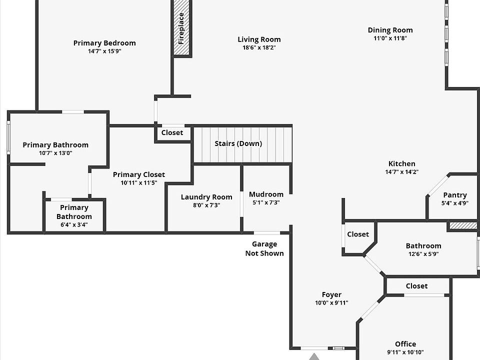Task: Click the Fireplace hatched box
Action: [181, 28]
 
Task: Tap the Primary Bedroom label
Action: [104, 43]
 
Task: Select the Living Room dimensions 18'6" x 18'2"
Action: [259, 48]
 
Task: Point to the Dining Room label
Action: [390, 30]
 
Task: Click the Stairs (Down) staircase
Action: [242, 144]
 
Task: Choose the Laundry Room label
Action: [206, 197]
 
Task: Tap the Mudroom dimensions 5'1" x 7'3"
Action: [266, 202]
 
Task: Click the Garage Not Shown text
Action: [264, 248]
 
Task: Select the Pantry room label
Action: [455, 195]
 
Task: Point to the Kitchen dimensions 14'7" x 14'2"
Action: [402, 172]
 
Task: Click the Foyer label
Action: [331, 294]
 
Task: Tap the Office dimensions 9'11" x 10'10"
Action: [405, 352]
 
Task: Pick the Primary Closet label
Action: [139, 174]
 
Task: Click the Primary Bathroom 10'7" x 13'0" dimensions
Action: [55, 153]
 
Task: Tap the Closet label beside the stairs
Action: [172, 133]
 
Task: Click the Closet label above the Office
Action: [416, 286]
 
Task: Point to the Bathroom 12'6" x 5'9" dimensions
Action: [423, 254]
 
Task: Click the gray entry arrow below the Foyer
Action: [314, 356]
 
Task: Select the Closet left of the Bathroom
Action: [358, 234]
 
